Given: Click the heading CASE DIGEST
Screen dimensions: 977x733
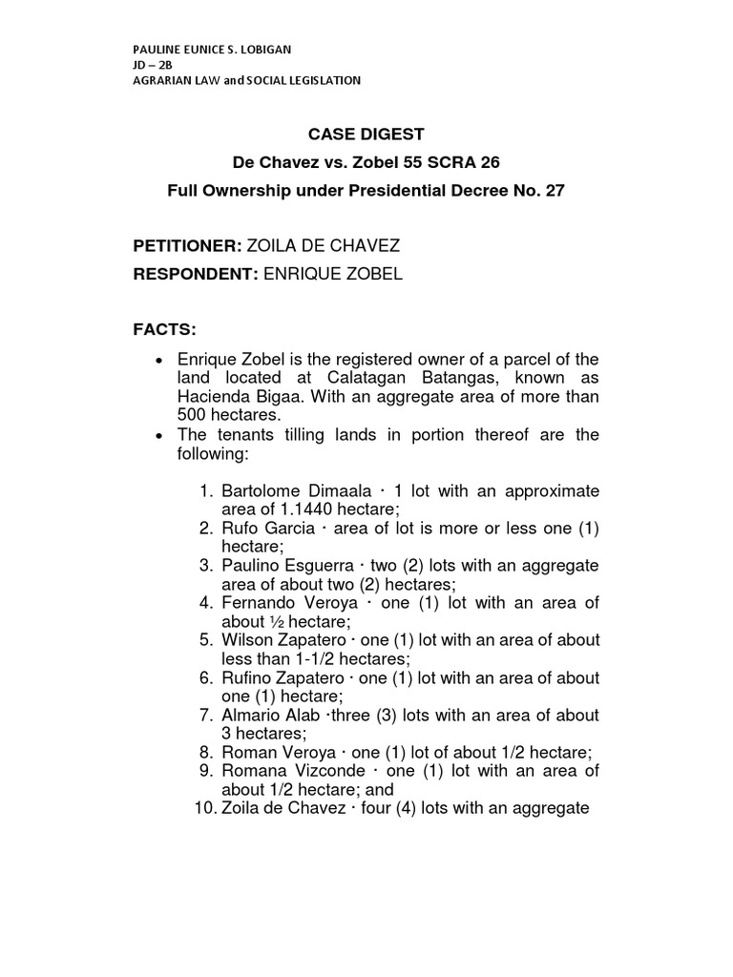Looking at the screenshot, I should coord(366,135).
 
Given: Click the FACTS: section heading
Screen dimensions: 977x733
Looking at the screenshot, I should coord(164,330).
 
